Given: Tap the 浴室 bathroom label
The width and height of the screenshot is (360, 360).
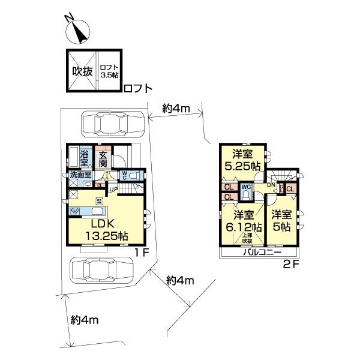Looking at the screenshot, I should (x=85, y=157).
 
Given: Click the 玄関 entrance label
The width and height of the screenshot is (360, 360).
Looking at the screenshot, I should (x=103, y=157).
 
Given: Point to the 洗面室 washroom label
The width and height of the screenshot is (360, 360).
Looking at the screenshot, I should (x=80, y=175).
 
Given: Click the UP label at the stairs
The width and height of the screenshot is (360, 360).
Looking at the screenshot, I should (x=113, y=190).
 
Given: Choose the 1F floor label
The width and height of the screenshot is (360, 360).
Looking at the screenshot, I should (x=141, y=253).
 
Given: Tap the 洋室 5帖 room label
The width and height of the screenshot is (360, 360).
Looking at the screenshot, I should (x=281, y=221).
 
